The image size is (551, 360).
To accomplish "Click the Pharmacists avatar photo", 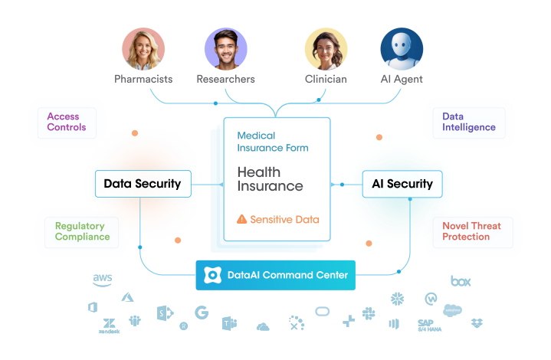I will tap(143, 50).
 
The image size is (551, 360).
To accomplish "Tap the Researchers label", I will tap(225, 80).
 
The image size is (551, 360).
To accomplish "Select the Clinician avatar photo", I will tap(326, 50).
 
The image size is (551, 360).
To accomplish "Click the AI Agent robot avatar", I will tap(402, 50).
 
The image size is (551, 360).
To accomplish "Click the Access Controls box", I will tap(66, 122).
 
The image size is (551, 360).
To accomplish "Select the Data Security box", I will tap(142, 184).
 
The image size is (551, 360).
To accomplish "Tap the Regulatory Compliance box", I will tap(82, 231).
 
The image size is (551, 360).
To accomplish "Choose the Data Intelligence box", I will tap(468, 122).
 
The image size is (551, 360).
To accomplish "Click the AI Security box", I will tap(402, 184).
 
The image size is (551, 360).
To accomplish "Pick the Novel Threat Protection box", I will tap(471, 231).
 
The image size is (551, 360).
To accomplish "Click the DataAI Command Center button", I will tap(275, 275).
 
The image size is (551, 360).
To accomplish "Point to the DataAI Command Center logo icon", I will tap(214, 275).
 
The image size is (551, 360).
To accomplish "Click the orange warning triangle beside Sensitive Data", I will tap(242, 219).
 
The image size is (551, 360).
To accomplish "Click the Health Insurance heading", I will tap(270, 179).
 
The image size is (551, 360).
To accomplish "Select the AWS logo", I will tap(103, 279).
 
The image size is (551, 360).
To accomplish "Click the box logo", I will tap(461, 281).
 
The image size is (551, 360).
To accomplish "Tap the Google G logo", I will tap(202, 313).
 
